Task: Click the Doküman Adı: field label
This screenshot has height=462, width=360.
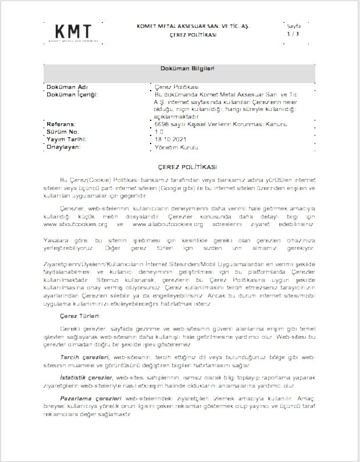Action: click(66, 87)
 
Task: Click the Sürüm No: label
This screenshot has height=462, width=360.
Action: click(62, 132)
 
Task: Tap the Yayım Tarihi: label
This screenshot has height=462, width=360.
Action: click(66, 139)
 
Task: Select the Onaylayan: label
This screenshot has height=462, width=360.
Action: click(65, 147)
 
